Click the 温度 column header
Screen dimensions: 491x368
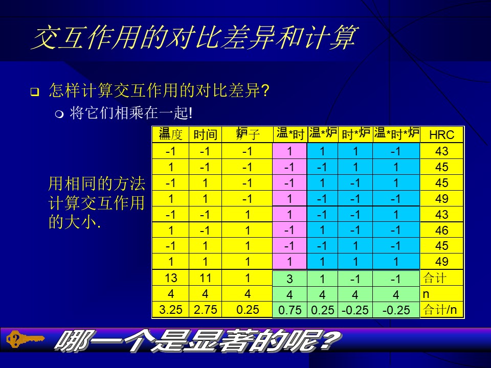171,134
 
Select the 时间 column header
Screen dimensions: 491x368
205,134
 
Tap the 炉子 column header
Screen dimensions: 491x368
247,134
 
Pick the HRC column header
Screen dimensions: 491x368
441,135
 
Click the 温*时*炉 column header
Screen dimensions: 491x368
396,134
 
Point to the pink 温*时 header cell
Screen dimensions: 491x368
290,134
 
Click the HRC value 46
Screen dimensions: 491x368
441,231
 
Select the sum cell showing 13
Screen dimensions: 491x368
171,278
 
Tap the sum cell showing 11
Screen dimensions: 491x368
205,278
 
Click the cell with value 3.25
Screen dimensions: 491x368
171,310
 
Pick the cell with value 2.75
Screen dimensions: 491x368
205,310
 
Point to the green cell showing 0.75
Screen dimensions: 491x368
290,310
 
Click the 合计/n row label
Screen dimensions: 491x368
440,310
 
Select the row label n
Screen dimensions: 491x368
426,294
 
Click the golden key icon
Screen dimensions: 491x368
25,339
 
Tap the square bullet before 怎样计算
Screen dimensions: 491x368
35,92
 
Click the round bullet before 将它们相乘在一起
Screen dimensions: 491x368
59,114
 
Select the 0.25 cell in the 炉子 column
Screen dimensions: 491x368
248,310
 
